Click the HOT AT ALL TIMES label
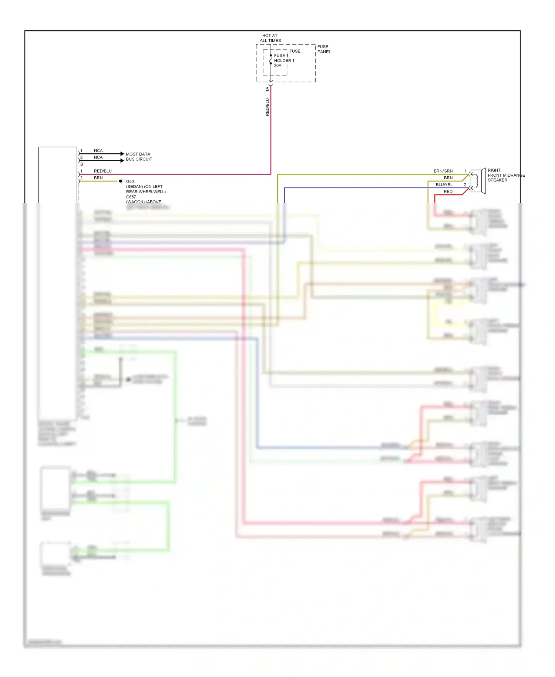[x=270, y=38]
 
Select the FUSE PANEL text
[x=324, y=49]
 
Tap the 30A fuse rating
[x=277, y=66]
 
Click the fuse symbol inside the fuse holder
[x=271, y=60]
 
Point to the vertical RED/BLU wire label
[x=267, y=107]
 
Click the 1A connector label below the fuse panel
[x=267, y=89]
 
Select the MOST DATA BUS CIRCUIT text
[x=139, y=157]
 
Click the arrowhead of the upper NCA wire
[x=122, y=154]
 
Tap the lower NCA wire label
[x=98, y=157]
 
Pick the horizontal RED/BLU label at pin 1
[x=102, y=171]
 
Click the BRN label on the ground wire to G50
[x=98, y=178]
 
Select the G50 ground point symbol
[x=121, y=181]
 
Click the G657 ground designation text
[x=131, y=197]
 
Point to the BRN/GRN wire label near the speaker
[x=443, y=171]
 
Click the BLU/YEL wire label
[x=444, y=185]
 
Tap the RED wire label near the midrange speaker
[x=448, y=191]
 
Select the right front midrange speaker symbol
[x=478, y=181]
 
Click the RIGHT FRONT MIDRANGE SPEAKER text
[x=505, y=175]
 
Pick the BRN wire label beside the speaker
[x=448, y=178]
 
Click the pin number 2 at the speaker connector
[x=465, y=185]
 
